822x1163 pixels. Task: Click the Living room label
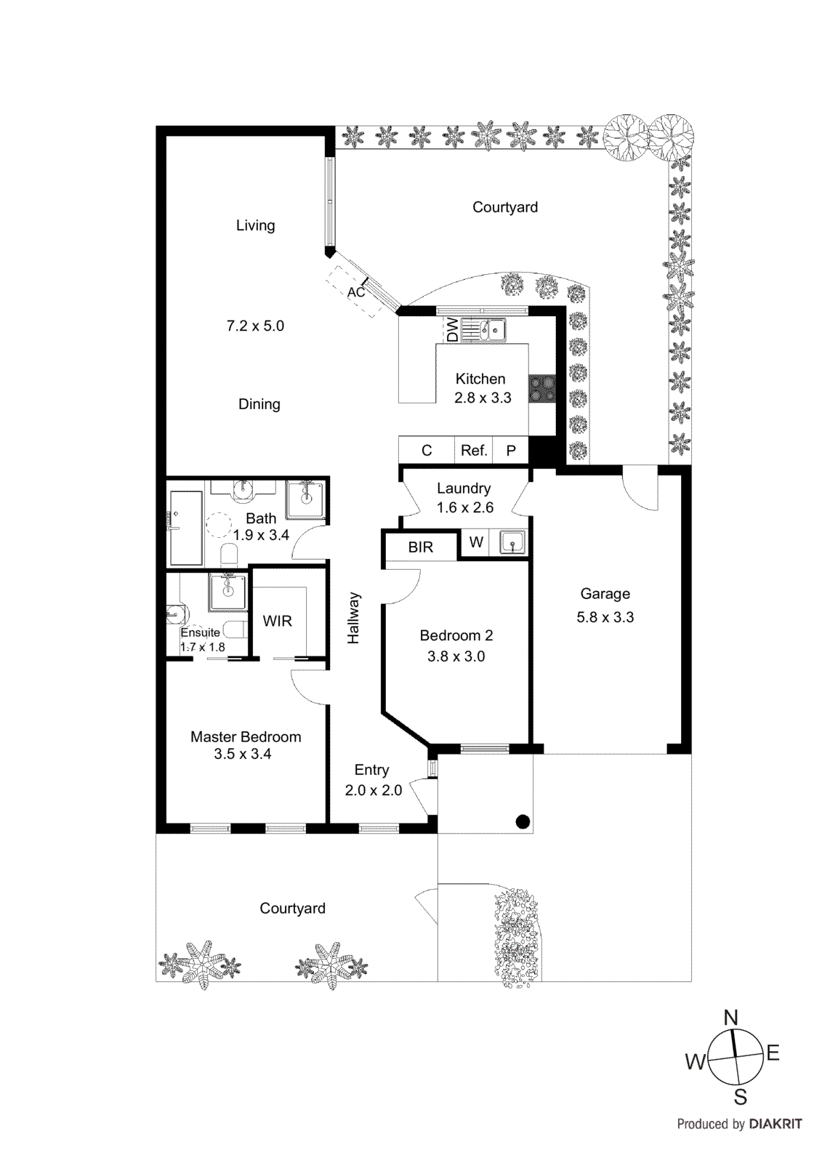coord(255,225)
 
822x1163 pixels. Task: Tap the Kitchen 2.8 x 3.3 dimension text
coord(483,398)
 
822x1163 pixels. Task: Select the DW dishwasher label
coord(453,329)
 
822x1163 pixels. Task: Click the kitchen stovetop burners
coord(541,388)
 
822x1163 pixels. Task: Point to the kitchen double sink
coord(484,331)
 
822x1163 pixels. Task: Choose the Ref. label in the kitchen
coord(474,451)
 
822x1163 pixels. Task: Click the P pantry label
coord(511,451)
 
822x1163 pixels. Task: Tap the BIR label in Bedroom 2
coord(420,547)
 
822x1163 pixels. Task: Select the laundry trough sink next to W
coord(512,542)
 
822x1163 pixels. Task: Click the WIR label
coord(277,621)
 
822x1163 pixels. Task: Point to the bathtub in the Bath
coord(186,528)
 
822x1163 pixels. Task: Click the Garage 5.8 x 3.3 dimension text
coord(605,617)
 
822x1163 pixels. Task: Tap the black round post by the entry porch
coord(523,822)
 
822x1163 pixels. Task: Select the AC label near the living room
coord(355,292)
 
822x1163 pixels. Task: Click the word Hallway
coord(353,618)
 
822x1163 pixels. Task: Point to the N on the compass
coord(730,1018)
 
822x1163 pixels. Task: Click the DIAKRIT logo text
coord(775,1124)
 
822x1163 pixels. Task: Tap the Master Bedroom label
coord(246,736)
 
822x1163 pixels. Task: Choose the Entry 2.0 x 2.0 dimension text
coord(373,790)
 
